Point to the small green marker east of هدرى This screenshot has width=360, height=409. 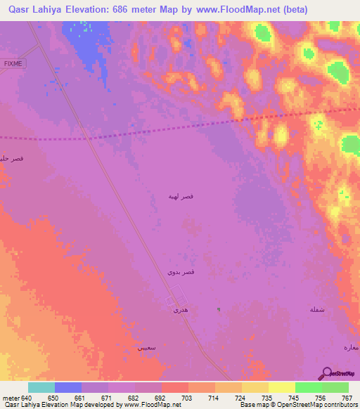tap(218, 309)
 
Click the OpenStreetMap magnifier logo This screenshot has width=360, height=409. tap(326, 372)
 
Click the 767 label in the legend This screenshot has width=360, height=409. tap(347, 397)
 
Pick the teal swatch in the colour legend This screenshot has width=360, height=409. tap(41, 387)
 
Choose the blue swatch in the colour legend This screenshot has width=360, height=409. tap(68, 387)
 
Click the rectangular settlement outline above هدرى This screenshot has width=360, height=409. tap(177, 296)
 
